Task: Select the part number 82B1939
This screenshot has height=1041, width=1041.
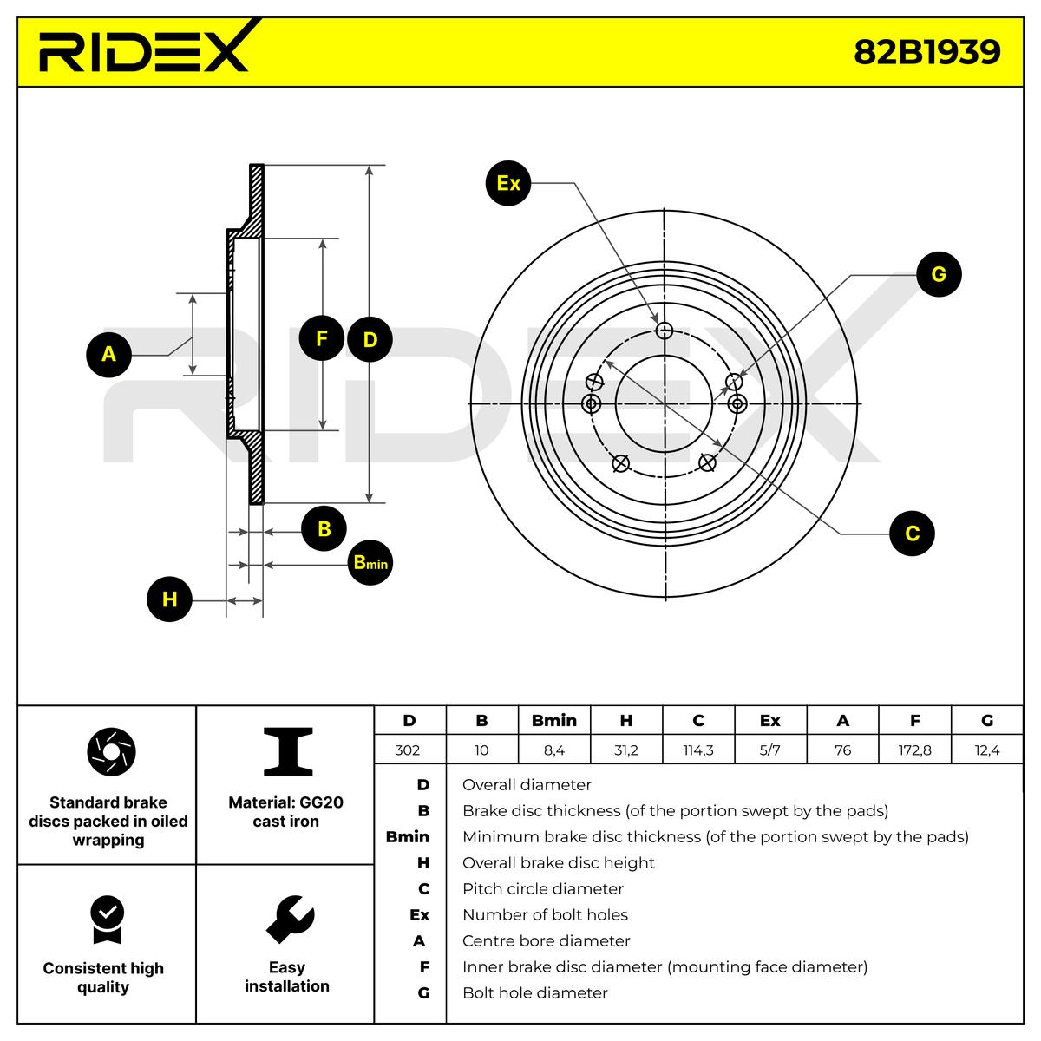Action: click(x=926, y=52)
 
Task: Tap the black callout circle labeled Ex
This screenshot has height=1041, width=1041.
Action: click(x=508, y=183)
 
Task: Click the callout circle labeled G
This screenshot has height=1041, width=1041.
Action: click(x=938, y=274)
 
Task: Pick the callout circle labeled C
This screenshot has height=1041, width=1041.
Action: click(x=913, y=533)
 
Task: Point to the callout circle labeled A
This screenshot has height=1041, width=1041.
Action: click(x=108, y=354)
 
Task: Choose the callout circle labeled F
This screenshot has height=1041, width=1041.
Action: click(x=322, y=338)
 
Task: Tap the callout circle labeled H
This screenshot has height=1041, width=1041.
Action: click(x=169, y=599)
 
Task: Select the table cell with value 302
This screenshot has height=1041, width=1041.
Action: click(x=408, y=750)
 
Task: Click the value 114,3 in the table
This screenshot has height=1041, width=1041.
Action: click(x=698, y=750)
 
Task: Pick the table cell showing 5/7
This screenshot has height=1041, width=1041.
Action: click(x=769, y=750)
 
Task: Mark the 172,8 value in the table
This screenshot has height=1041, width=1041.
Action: click(x=914, y=750)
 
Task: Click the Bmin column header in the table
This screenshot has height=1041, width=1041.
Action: click(x=553, y=721)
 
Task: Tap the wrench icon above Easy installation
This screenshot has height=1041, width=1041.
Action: click(x=289, y=919)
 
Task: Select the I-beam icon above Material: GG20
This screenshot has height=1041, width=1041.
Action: click(x=288, y=751)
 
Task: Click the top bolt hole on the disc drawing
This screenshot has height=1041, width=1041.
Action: click(x=665, y=330)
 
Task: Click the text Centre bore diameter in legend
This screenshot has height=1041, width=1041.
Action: click(x=546, y=941)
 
